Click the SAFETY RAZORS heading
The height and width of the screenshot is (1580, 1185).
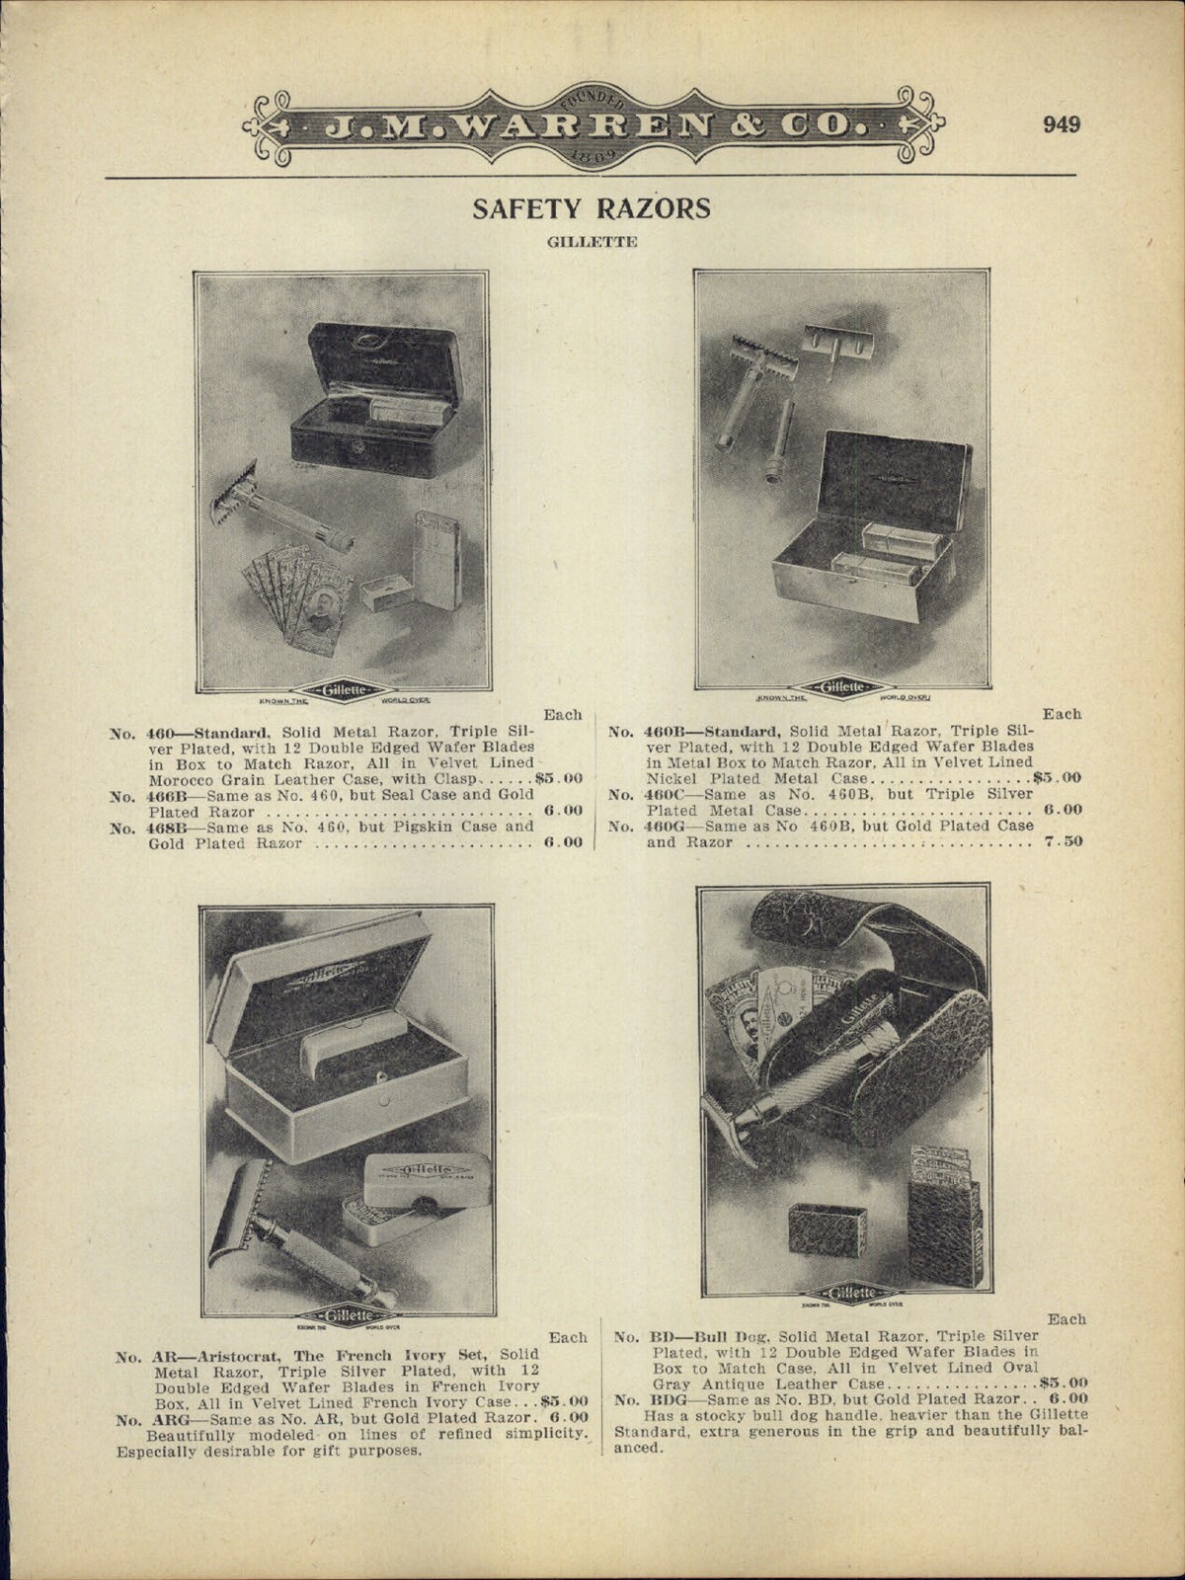tap(592, 208)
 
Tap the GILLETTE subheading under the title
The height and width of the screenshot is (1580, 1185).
tap(592, 241)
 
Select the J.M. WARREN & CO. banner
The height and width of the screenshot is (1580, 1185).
tap(592, 125)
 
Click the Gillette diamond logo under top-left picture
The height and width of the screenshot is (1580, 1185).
tap(342, 689)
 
